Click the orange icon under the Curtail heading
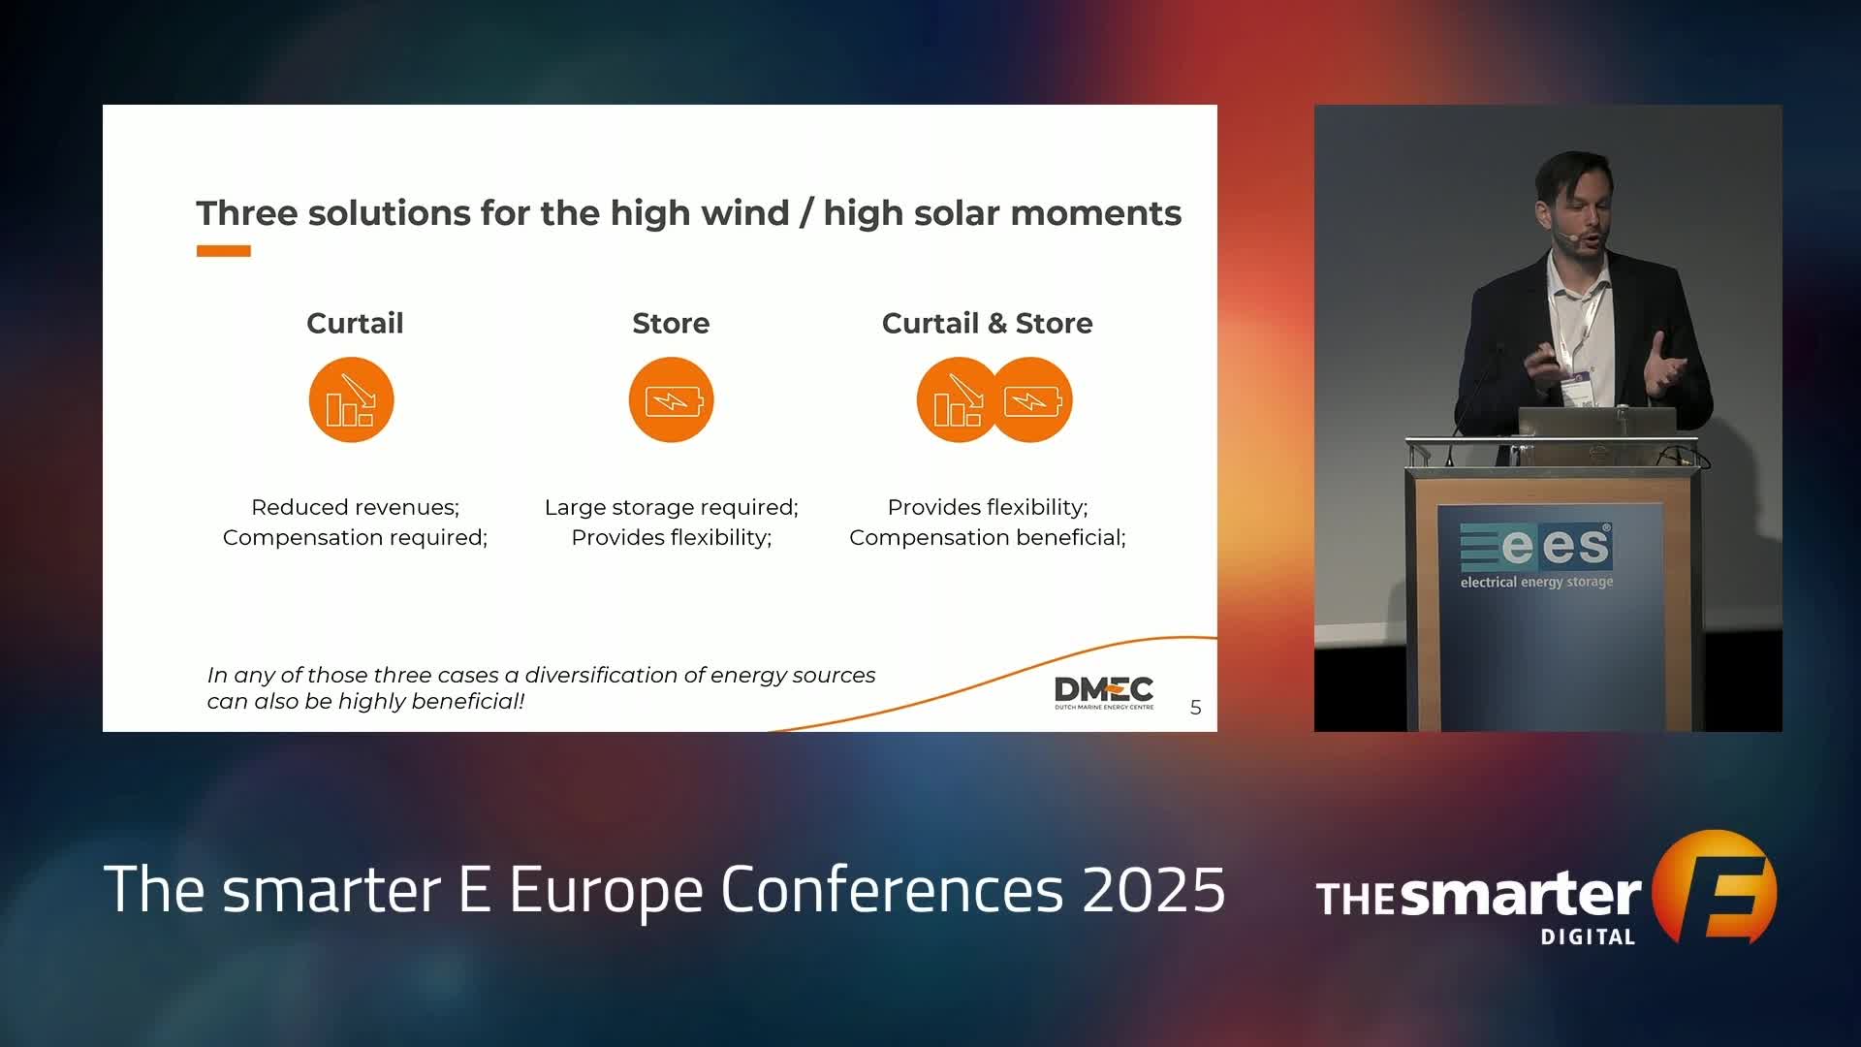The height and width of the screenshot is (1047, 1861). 351,400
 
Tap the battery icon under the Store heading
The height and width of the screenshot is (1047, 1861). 671,400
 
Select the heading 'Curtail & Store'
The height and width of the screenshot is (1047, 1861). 987,323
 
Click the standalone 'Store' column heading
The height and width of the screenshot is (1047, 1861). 671,323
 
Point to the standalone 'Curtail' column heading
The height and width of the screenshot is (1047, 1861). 355,323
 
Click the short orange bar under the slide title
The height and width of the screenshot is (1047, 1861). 224,251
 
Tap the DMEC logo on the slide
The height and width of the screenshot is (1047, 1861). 1104,692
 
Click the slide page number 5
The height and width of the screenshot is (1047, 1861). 1196,708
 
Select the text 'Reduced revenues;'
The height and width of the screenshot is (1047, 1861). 355,507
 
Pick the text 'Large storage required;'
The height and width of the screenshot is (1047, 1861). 671,507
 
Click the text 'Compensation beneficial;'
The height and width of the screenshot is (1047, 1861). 987,537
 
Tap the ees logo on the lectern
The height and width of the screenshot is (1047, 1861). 1536,555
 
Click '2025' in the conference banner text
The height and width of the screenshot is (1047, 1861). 1153,889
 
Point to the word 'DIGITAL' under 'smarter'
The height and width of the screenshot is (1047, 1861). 1588,936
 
